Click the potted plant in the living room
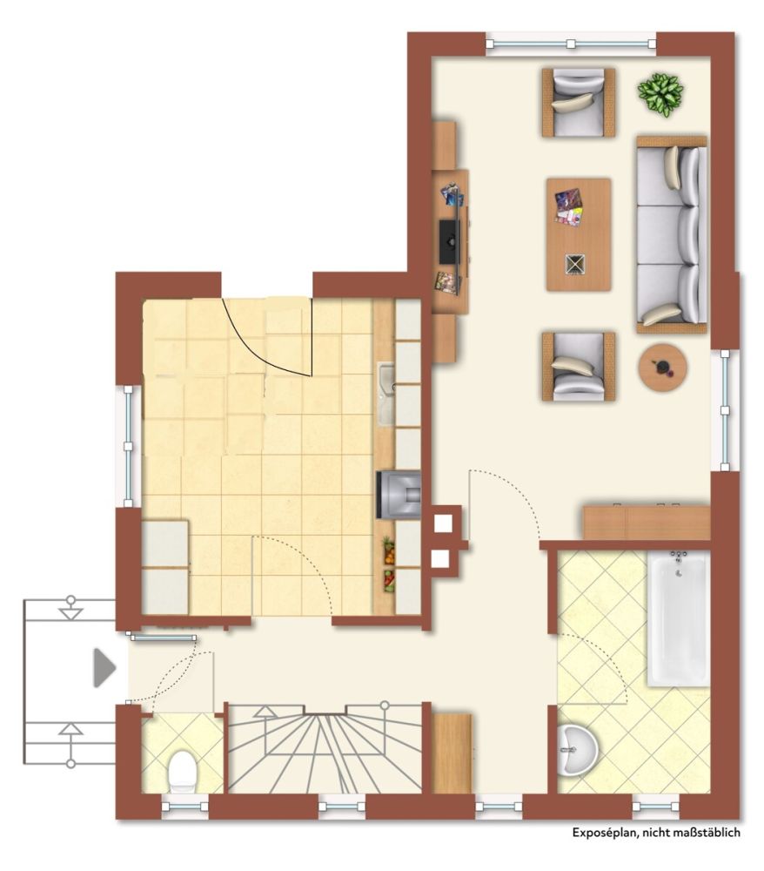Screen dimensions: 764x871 (x=660, y=95)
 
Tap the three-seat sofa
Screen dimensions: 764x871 (x=672, y=234)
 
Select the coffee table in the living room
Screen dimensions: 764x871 (x=579, y=234)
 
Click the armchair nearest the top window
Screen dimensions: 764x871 (x=579, y=102)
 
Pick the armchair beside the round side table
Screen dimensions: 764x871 (x=579, y=366)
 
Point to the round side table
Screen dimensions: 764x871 (x=662, y=368)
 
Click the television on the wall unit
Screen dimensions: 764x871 (x=449, y=241)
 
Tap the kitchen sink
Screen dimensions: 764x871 (x=386, y=394)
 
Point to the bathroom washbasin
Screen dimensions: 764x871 (x=578, y=750)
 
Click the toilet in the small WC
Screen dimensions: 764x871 (x=182, y=771)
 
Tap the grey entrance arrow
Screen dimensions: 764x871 (x=104, y=667)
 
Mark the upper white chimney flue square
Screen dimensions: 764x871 (x=443, y=523)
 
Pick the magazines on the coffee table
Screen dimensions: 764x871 (x=569, y=206)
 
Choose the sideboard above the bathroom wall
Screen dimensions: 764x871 (x=647, y=522)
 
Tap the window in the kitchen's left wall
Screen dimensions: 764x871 (x=128, y=446)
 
